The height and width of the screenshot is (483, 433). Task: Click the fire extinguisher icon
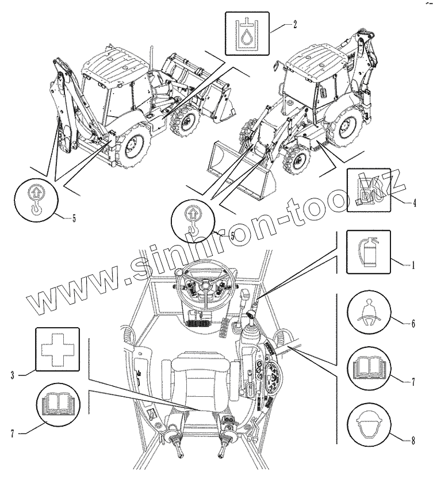point(368,252)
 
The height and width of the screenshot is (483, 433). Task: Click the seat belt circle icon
point(370,317)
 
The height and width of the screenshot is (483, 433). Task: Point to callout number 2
point(294,25)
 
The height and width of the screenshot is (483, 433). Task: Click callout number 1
point(412,266)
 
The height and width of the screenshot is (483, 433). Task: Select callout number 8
point(412,442)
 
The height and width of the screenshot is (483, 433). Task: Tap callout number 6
point(412,324)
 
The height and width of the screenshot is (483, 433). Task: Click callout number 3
point(12,375)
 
